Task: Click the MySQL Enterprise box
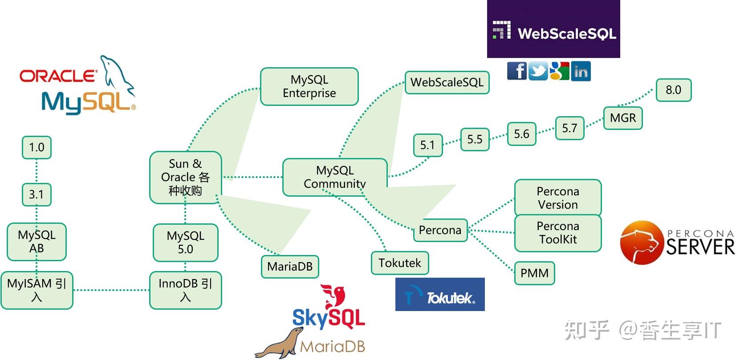pos(309,86)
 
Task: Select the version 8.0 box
pos(673,90)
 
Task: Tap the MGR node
pos(622,118)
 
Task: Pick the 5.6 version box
pos(521,134)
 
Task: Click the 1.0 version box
pos(37,147)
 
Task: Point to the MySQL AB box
pos(37,242)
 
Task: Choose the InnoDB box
pos(185,290)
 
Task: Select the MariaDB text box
pos(290,267)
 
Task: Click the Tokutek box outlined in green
pos(399,263)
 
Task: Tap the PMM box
pos(534,273)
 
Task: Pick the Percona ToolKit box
pos(557,233)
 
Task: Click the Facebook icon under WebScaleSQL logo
pos(516,71)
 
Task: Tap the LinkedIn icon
pos(581,71)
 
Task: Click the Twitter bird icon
pos(538,71)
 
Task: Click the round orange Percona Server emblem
pos(642,243)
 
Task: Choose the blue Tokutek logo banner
pos(439,294)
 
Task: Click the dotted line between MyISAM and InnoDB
pos(111,290)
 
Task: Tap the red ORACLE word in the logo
pos(58,76)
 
